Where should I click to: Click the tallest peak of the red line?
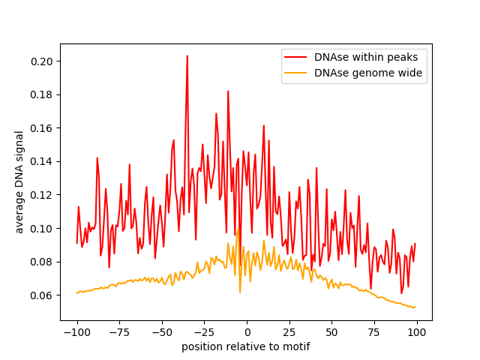click(x=187, y=55)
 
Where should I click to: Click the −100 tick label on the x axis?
click(x=76, y=331)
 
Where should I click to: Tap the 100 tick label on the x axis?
click(x=416, y=331)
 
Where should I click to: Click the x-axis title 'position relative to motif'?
click(x=245, y=346)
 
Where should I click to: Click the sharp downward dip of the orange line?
click(x=240, y=292)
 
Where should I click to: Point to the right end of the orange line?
click(x=415, y=307)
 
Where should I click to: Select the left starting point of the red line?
click(x=76, y=242)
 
